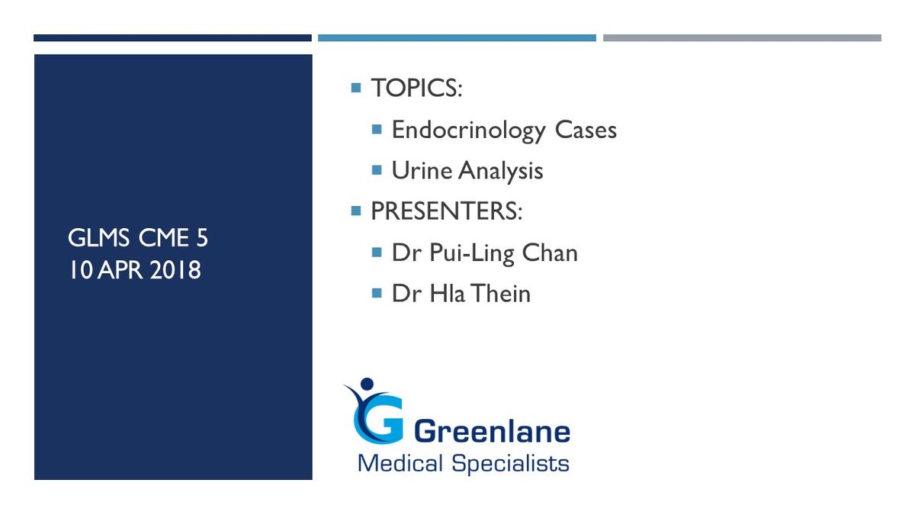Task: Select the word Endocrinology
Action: (x=468, y=130)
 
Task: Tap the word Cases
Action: (x=586, y=130)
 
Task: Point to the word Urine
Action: (x=422, y=170)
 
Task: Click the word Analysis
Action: (x=500, y=171)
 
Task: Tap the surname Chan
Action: (x=550, y=253)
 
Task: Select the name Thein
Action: (x=500, y=294)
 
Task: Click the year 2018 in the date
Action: (x=175, y=270)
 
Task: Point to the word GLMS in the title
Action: (x=98, y=238)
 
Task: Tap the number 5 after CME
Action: (x=202, y=238)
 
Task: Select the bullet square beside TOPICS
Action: (x=356, y=88)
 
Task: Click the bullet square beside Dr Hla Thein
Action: (x=377, y=293)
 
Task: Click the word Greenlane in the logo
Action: (x=492, y=431)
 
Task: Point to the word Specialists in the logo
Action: (x=510, y=464)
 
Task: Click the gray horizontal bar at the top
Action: (x=742, y=38)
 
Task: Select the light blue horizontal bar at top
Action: (x=457, y=38)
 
